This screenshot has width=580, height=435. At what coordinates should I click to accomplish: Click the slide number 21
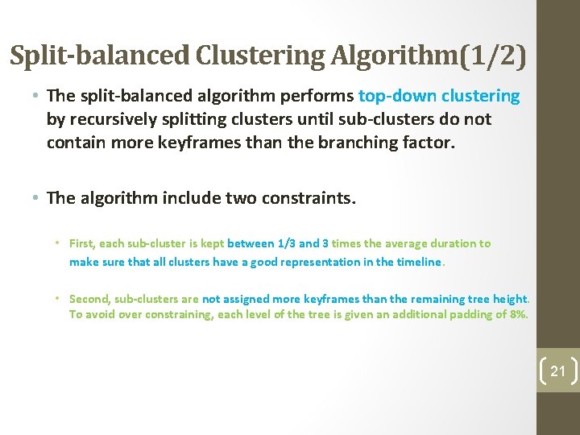(558, 371)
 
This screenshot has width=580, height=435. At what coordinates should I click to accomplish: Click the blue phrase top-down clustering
(439, 97)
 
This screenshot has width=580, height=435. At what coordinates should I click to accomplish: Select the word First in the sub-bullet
(81, 243)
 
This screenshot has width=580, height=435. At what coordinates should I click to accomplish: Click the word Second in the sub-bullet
(89, 299)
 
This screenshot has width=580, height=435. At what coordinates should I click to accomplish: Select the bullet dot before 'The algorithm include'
(37, 198)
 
